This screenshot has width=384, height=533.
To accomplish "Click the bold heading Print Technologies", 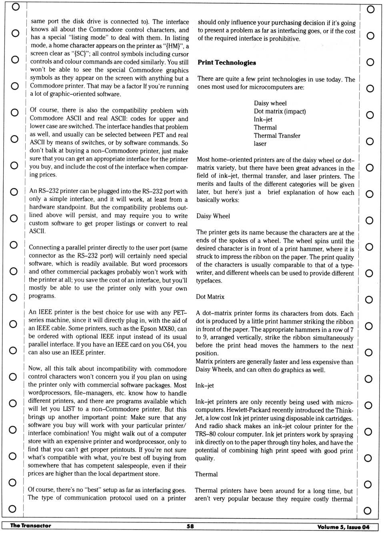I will tap(226, 63).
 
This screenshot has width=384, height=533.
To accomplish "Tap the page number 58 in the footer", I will tap(190, 526).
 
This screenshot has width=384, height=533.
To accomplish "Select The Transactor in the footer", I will tap(31, 526).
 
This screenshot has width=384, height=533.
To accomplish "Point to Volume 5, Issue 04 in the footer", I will tap(343, 527).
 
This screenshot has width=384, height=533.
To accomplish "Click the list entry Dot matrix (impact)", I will tap(280, 111).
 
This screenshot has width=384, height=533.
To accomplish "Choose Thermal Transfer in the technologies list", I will tap(277, 135).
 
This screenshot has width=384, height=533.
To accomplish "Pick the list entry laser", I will tap(260, 143).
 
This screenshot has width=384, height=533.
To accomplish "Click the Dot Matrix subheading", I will tap(210, 297).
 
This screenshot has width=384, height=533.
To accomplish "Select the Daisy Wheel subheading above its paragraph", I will tap(213, 216).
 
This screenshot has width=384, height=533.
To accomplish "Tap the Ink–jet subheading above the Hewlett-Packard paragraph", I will tap(204, 386).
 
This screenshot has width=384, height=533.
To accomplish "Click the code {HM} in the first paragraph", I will tap(174, 46).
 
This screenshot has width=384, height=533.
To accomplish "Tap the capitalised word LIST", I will tap(69, 409).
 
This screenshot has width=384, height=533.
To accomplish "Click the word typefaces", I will tap(209, 281).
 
